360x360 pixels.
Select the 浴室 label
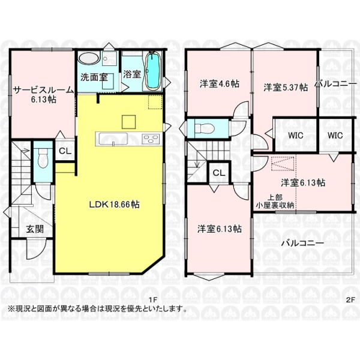[x=132, y=75]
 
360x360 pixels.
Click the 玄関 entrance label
[x=35, y=229]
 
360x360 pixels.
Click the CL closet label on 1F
[x=64, y=151]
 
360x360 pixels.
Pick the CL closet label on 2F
[x=219, y=173]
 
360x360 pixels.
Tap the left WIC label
[x=295, y=136]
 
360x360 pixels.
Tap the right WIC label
[x=335, y=136]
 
